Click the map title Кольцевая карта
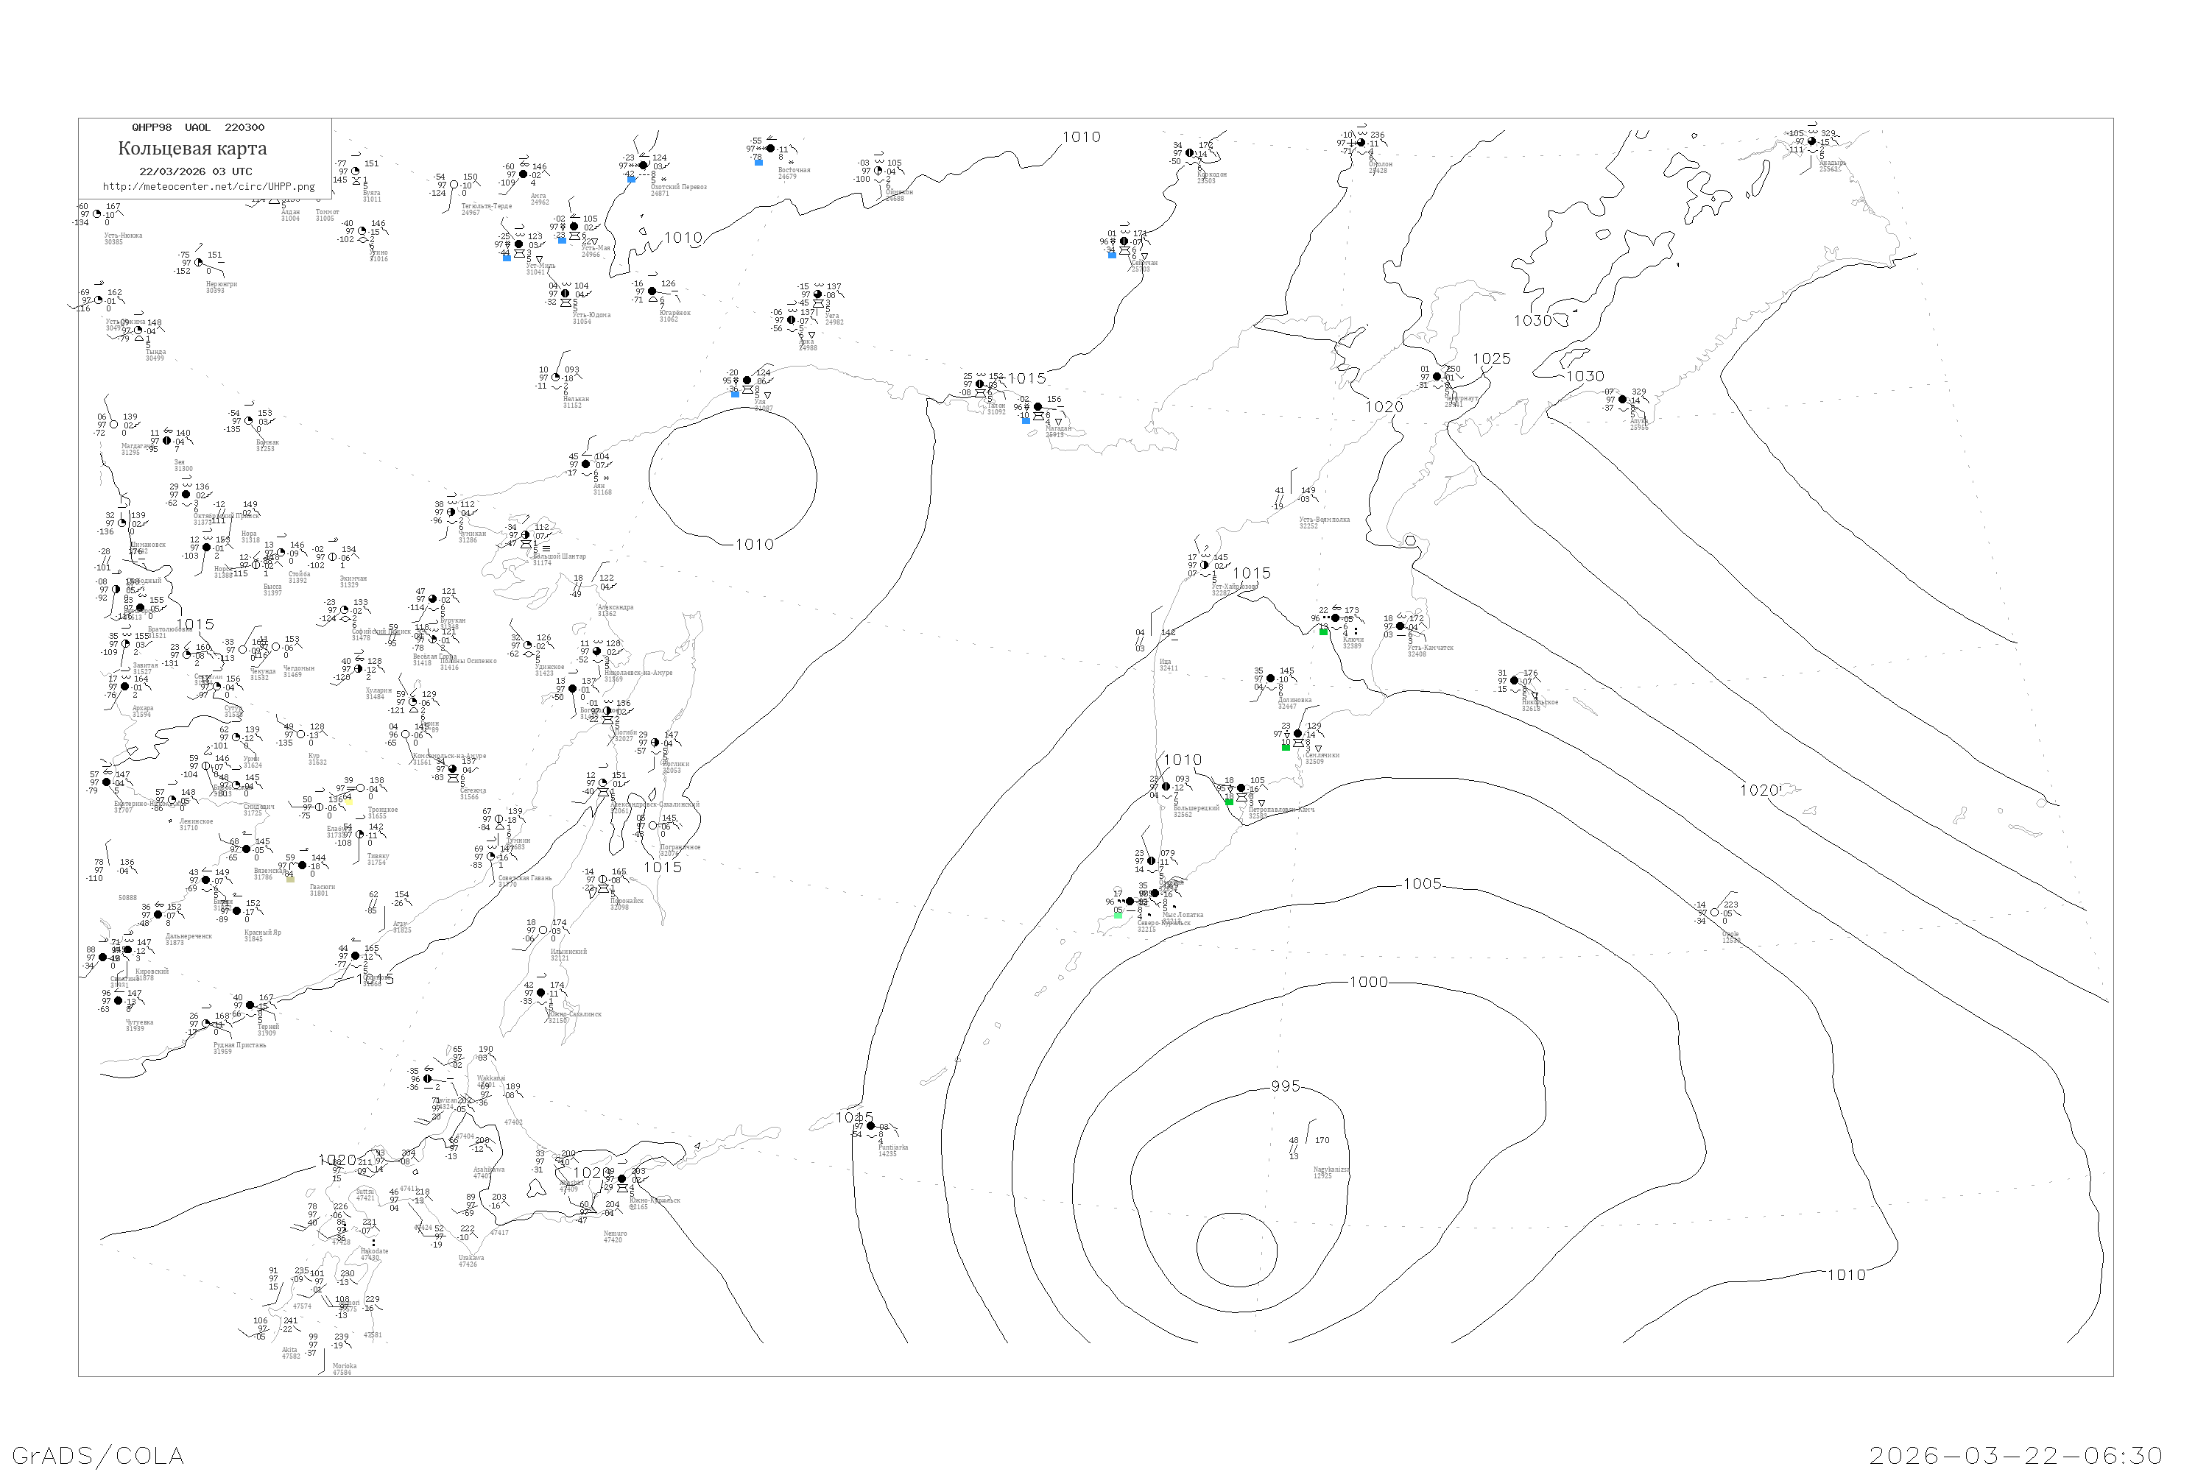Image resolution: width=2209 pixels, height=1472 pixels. point(192,149)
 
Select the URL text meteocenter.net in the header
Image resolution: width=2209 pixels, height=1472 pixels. point(208,187)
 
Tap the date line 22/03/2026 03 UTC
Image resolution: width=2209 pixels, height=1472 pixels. point(195,171)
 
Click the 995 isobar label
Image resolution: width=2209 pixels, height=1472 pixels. point(1286,1086)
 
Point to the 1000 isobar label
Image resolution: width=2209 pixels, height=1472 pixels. point(1368,982)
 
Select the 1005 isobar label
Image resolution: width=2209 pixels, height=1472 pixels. point(1422,883)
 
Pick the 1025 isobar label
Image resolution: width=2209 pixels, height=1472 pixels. point(1492,358)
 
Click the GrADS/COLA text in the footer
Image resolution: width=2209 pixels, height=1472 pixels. point(98,1455)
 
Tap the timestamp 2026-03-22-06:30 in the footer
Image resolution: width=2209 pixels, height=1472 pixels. point(2015,1455)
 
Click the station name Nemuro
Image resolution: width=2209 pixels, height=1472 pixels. point(615,1234)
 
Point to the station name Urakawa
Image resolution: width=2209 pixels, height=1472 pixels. point(471,1258)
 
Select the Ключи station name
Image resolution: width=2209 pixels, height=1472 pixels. point(1353,640)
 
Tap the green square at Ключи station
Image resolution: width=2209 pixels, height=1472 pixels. point(1323,631)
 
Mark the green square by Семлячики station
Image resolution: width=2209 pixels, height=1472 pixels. point(1286,747)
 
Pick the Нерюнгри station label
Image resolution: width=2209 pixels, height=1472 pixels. point(222,284)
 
